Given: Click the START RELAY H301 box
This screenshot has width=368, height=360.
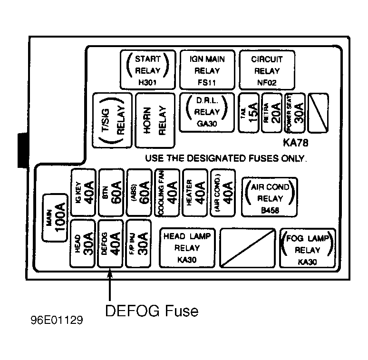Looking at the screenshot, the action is pos(148,70).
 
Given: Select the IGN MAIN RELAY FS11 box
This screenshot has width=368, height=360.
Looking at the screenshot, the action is pos(207,70).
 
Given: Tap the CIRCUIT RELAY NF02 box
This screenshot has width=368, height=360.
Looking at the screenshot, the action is pos(267,70).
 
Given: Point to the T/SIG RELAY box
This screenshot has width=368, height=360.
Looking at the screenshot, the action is pos(112,120).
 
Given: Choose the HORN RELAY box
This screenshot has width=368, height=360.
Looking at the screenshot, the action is pos(155,120).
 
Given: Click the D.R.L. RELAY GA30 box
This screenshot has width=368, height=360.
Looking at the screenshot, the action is pos(207,113).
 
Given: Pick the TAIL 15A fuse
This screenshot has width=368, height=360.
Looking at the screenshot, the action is pos(249,113).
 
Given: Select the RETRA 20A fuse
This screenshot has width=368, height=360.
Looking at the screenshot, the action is pos(272,113).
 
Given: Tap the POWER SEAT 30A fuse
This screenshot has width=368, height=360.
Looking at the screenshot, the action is pos(295,113).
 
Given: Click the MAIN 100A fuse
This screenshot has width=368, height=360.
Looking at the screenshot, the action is pos(55,218).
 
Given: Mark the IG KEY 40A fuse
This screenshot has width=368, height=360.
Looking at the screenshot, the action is pos(83,193).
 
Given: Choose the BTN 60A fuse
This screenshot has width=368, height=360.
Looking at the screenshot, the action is pos(111,193).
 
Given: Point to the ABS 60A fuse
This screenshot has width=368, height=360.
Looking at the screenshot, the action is pos(139,193).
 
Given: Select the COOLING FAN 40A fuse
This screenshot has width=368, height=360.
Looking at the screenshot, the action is pos(167,193).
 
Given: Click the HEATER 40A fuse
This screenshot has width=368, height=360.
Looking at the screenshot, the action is pos(195,193).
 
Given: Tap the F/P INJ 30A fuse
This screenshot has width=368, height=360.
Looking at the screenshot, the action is pos(138,243).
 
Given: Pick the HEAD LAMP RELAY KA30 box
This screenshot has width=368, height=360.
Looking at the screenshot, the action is pos(187,248).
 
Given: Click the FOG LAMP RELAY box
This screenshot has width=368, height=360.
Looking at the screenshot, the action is pos(308,248).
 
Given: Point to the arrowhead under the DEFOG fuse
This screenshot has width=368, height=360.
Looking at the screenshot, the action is pos(110,272).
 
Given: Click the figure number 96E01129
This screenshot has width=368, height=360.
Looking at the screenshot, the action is pos(57,320).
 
